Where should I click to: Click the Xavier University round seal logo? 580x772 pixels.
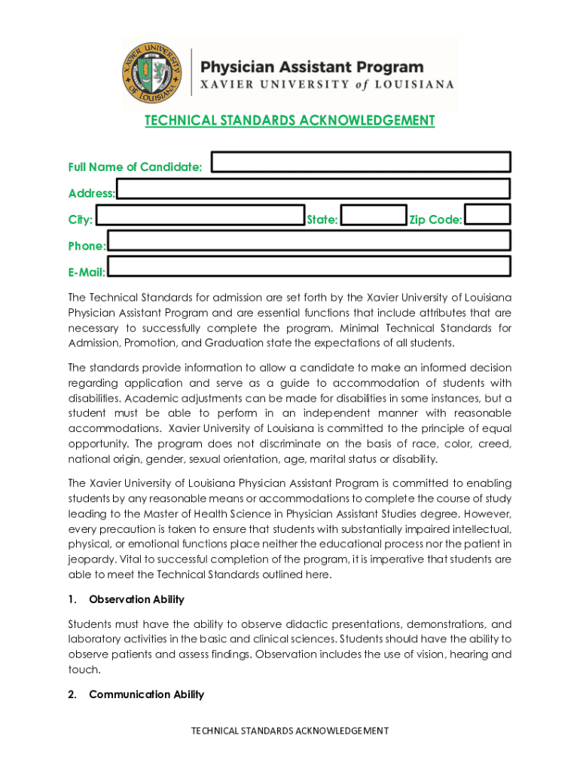[x=153, y=74]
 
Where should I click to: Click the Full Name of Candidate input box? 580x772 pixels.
[x=362, y=162]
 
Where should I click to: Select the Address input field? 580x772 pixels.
[x=313, y=188]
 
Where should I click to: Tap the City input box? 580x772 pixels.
[x=200, y=216]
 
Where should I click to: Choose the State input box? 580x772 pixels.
[x=374, y=216]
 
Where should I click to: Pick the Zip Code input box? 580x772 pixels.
[x=487, y=215]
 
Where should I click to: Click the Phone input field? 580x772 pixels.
[x=309, y=241]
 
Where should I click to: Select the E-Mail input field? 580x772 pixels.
[x=309, y=267]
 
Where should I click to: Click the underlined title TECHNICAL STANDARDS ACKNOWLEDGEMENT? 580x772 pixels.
[x=290, y=121]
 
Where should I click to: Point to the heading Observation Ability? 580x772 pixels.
[x=136, y=599]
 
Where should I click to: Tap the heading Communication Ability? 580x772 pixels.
[x=146, y=694]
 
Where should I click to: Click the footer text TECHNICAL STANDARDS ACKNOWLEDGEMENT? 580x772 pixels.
[x=290, y=731]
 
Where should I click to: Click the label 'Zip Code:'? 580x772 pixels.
[x=435, y=220]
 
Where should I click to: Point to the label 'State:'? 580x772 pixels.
[x=322, y=220]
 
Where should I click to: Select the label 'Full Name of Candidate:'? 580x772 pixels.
[x=135, y=167]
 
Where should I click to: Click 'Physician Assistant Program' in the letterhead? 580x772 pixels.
[x=311, y=67]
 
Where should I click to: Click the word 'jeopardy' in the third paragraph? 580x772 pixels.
[x=90, y=559]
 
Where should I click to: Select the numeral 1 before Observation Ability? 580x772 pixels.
[x=72, y=599]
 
